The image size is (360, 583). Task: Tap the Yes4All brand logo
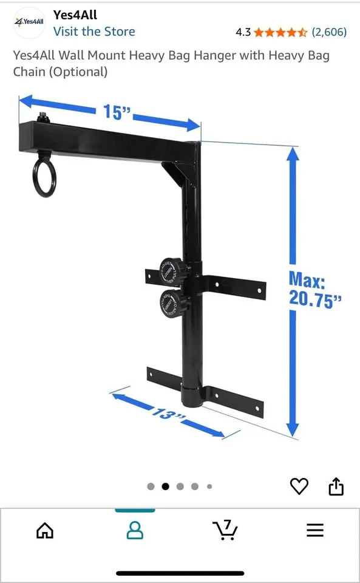click(x=29, y=22)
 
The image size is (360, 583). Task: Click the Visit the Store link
click(x=94, y=32)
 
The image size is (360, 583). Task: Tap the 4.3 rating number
click(x=243, y=32)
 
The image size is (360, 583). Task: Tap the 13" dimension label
click(x=168, y=414)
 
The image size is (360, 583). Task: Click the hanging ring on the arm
click(x=44, y=177)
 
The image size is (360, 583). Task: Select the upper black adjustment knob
click(x=171, y=271)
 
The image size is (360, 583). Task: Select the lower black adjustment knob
click(x=172, y=302)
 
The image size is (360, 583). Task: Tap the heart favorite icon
click(x=299, y=486)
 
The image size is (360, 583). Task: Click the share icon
click(x=336, y=486)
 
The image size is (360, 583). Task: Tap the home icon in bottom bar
click(x=45, y=531)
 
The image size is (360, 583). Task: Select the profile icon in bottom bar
click(x=135, y=530)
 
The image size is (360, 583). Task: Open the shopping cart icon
click(x=225, y=530)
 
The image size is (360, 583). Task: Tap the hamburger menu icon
click(x=315, y=531)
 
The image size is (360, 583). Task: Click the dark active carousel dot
click(x=165, y=486)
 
